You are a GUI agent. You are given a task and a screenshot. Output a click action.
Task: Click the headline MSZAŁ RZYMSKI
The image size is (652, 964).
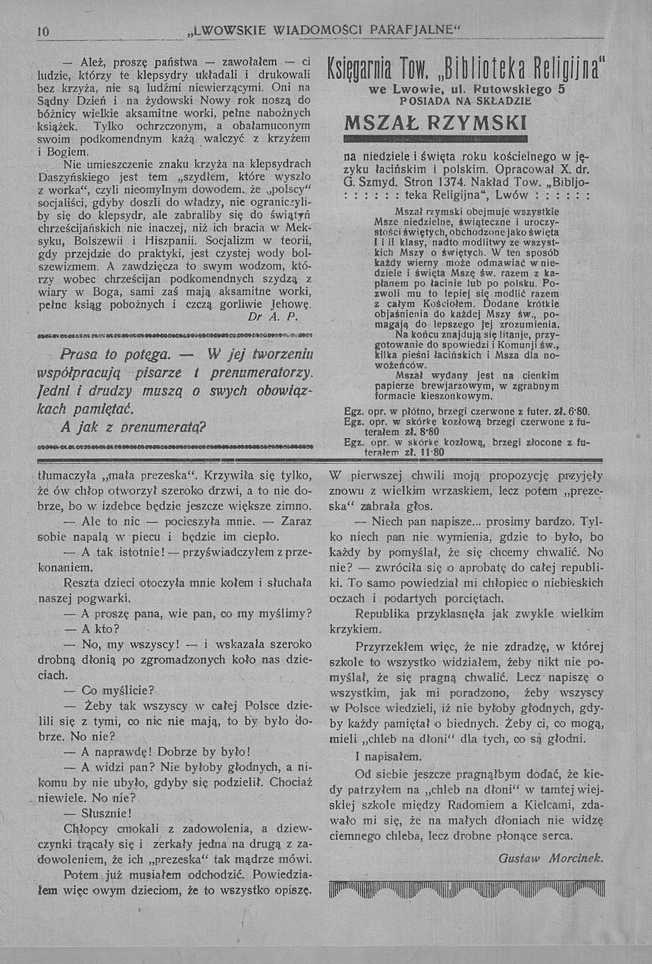[x=435, y=124]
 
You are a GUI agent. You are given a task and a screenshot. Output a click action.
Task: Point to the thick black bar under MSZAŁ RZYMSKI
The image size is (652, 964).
[x=435, y=139]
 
